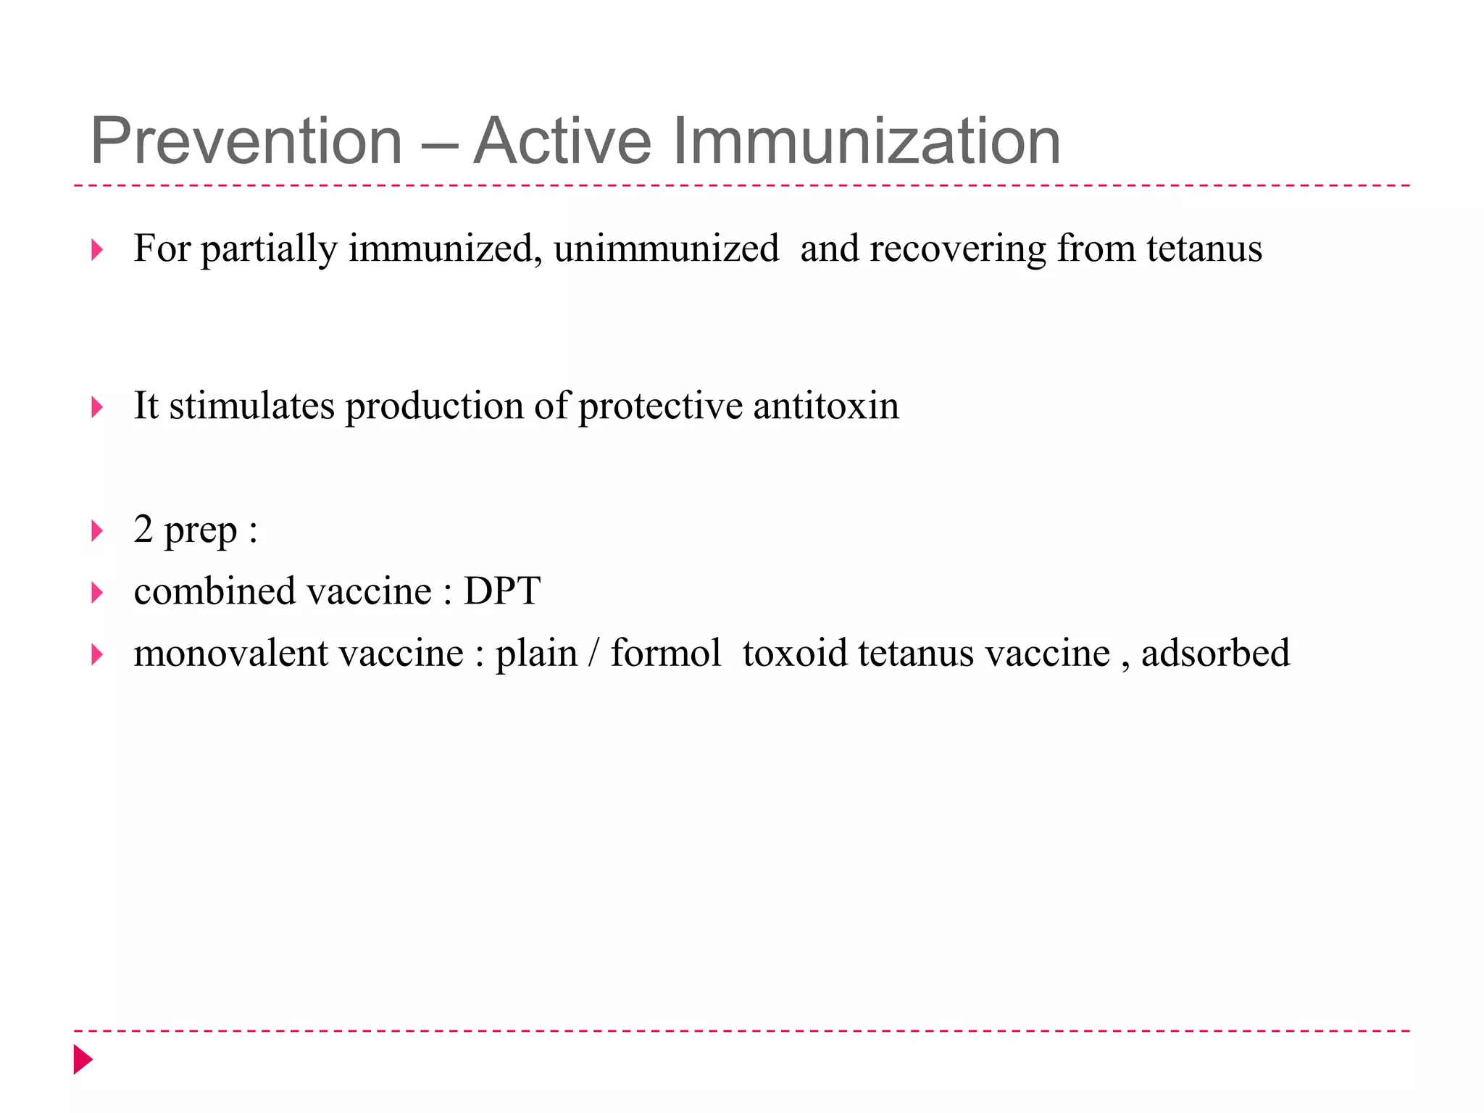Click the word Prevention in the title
point(246,141)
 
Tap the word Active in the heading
point(562,141)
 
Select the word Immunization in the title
point(867,141)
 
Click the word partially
point(269,249)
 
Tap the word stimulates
point(252,406)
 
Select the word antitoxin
point(826,406)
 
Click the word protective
point(660,406)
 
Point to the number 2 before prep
point(143,530)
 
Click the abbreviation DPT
point(502,591)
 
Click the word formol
point(665,654)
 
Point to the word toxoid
point(795,654)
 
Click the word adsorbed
point(1215,654)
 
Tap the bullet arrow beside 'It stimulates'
point(97,407)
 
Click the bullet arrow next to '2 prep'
point(97,532)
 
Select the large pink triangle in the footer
point(83,1059)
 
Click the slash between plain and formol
point(594,654)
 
